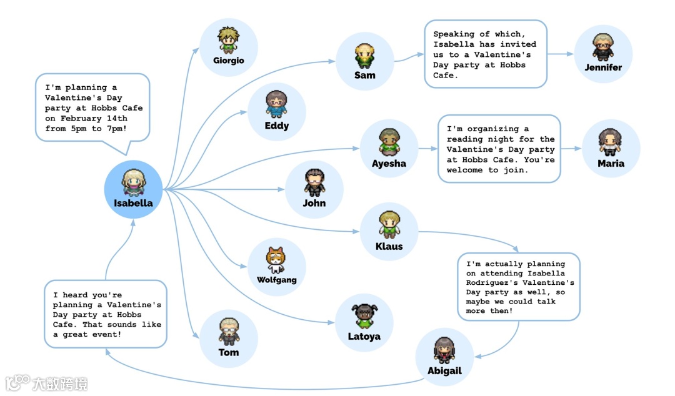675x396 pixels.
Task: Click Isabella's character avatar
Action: coord(133,182)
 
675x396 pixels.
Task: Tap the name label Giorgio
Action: coord(228,61)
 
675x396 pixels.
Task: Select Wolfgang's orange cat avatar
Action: coord(276,260)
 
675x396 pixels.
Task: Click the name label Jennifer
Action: coord(603,67)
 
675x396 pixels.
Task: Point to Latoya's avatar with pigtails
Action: coord(364,315)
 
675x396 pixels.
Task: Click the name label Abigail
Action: coord(444,370)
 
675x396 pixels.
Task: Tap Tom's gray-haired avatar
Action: coord(229,331)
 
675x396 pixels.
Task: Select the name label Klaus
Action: coord(389,246)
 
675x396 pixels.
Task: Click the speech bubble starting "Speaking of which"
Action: coord(485,54)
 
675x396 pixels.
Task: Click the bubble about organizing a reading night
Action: coord(499,149)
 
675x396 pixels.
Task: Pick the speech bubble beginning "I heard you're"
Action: coord(106,314)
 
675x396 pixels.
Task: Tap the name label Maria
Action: coord(611,164)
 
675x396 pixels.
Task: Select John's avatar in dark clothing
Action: coord(314,182)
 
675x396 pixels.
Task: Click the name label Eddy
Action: coord(276,126)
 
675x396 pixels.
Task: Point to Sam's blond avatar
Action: coord(364,55)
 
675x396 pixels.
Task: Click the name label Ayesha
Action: coord(389,164)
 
